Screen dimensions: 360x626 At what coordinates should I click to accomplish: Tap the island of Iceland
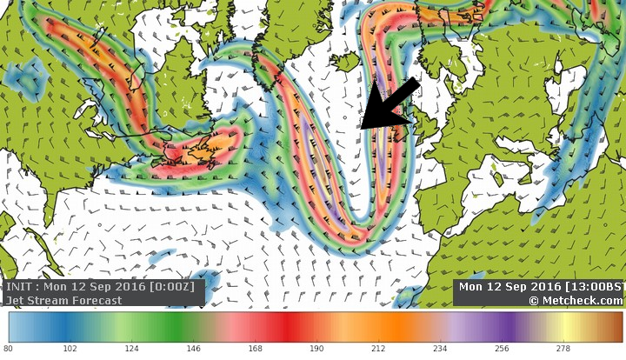(x=347, y=62)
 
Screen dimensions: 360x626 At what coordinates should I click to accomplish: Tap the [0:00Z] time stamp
(x=174, y=287)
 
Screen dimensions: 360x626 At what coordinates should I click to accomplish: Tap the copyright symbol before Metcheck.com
(x=534, y=301)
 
